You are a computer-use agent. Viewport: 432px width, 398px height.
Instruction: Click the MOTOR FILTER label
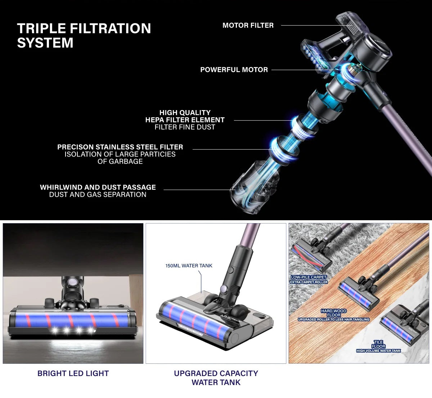coord(248,26)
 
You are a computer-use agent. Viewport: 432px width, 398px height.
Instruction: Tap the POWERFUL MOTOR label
coord(234,70)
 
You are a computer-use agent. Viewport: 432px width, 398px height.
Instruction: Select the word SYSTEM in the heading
coord(45,42)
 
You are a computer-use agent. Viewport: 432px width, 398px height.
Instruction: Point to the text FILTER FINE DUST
coord(185,127)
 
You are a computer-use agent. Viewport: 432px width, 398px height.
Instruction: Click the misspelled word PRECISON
coord(75,147)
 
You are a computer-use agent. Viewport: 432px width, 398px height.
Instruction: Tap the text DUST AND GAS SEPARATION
coord(98,194)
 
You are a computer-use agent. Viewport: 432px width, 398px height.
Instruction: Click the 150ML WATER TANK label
coord(189,266)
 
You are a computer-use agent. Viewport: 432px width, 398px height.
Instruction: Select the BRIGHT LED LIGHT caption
coord(73,373)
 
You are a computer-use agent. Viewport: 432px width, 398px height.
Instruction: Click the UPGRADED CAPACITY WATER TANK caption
coord(216,378)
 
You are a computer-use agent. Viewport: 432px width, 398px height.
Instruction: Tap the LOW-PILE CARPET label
coord(309,277)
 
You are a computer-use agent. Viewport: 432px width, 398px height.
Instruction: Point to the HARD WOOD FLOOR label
coord(334,313)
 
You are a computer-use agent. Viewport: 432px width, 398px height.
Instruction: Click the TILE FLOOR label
coord(378,344)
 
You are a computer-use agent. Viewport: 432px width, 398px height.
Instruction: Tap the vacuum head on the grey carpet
coord(311,255)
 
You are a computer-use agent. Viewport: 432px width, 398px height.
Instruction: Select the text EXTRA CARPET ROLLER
coord(309,282)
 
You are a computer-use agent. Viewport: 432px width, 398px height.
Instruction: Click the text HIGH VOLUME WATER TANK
coord(379,351)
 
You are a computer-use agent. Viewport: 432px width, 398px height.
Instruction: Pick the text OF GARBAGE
coord(120,161)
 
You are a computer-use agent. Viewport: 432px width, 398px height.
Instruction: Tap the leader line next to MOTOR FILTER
coord(316,26)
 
